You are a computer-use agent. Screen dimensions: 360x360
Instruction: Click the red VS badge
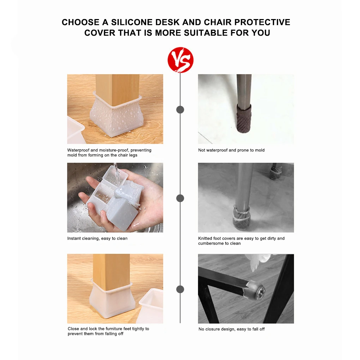180,60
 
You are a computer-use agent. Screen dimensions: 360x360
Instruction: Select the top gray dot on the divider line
180,110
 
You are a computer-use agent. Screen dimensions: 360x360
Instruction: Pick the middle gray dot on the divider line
180,198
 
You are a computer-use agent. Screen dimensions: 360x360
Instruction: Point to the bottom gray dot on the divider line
180,289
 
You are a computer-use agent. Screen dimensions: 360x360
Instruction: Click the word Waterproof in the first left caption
78,150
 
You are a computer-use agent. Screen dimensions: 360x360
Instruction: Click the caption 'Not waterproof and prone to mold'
232,150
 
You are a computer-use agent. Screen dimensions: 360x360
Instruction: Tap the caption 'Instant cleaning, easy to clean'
97,239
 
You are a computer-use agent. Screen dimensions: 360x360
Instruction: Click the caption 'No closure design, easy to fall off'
232,329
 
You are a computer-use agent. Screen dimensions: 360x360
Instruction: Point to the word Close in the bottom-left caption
73,329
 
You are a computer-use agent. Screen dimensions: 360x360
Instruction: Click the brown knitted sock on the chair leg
244,119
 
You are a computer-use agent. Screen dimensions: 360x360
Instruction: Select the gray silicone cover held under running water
122,211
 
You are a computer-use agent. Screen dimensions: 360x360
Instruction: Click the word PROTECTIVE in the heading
263,22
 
